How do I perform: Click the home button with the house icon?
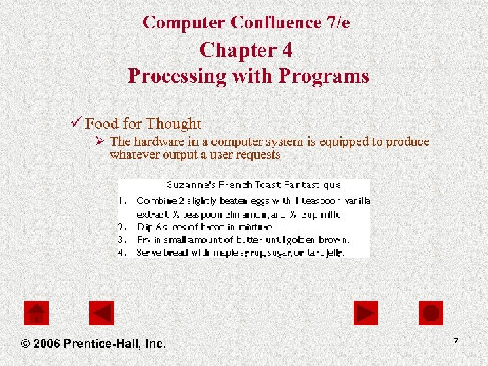pyautogui.click(x=37, y=313)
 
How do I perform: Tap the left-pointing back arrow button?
pyautogui.click(x=102, y=313)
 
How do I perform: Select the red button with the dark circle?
pyautogui.click(x=431, y=313)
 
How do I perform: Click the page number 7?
pyautogui.click(x=456, y=342)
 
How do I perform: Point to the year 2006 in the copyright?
pyautogui.click(x=46, y=344)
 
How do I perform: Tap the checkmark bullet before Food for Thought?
pyautogui.click(x=76, y=123)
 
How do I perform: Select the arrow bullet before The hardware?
pyautogui.click(x=99, y=142)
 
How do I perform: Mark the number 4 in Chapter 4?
pyautogui.click(x=287, y=50)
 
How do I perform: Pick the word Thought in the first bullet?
pyautogui.click(x=174, y=123)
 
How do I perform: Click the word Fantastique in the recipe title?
pyautogui.click(x=314, y=184)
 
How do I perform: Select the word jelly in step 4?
pyautogui.click(x=334, y=252)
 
